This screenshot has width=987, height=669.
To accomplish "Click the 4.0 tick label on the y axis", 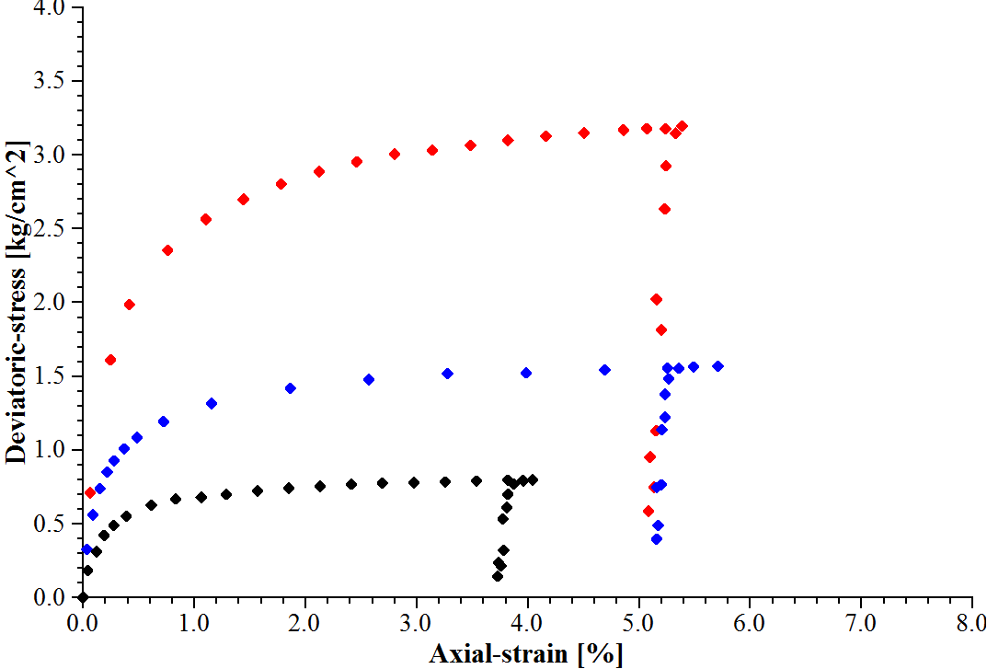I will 52,8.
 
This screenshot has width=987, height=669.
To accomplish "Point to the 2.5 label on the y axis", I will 52,228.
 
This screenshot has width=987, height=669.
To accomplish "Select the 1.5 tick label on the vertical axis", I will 52,376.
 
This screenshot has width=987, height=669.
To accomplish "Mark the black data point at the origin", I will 83,597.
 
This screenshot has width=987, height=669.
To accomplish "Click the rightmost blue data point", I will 717,366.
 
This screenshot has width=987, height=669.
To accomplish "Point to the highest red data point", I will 682,126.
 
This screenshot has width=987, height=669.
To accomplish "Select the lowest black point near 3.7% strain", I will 498,576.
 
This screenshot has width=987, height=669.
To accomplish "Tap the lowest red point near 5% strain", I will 648,511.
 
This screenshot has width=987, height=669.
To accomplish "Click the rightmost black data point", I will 533,479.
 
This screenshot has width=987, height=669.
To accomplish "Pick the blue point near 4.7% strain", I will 604,370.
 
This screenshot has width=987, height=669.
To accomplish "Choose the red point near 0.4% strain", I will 130,305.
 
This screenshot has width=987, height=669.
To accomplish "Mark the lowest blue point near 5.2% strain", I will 657,539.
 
